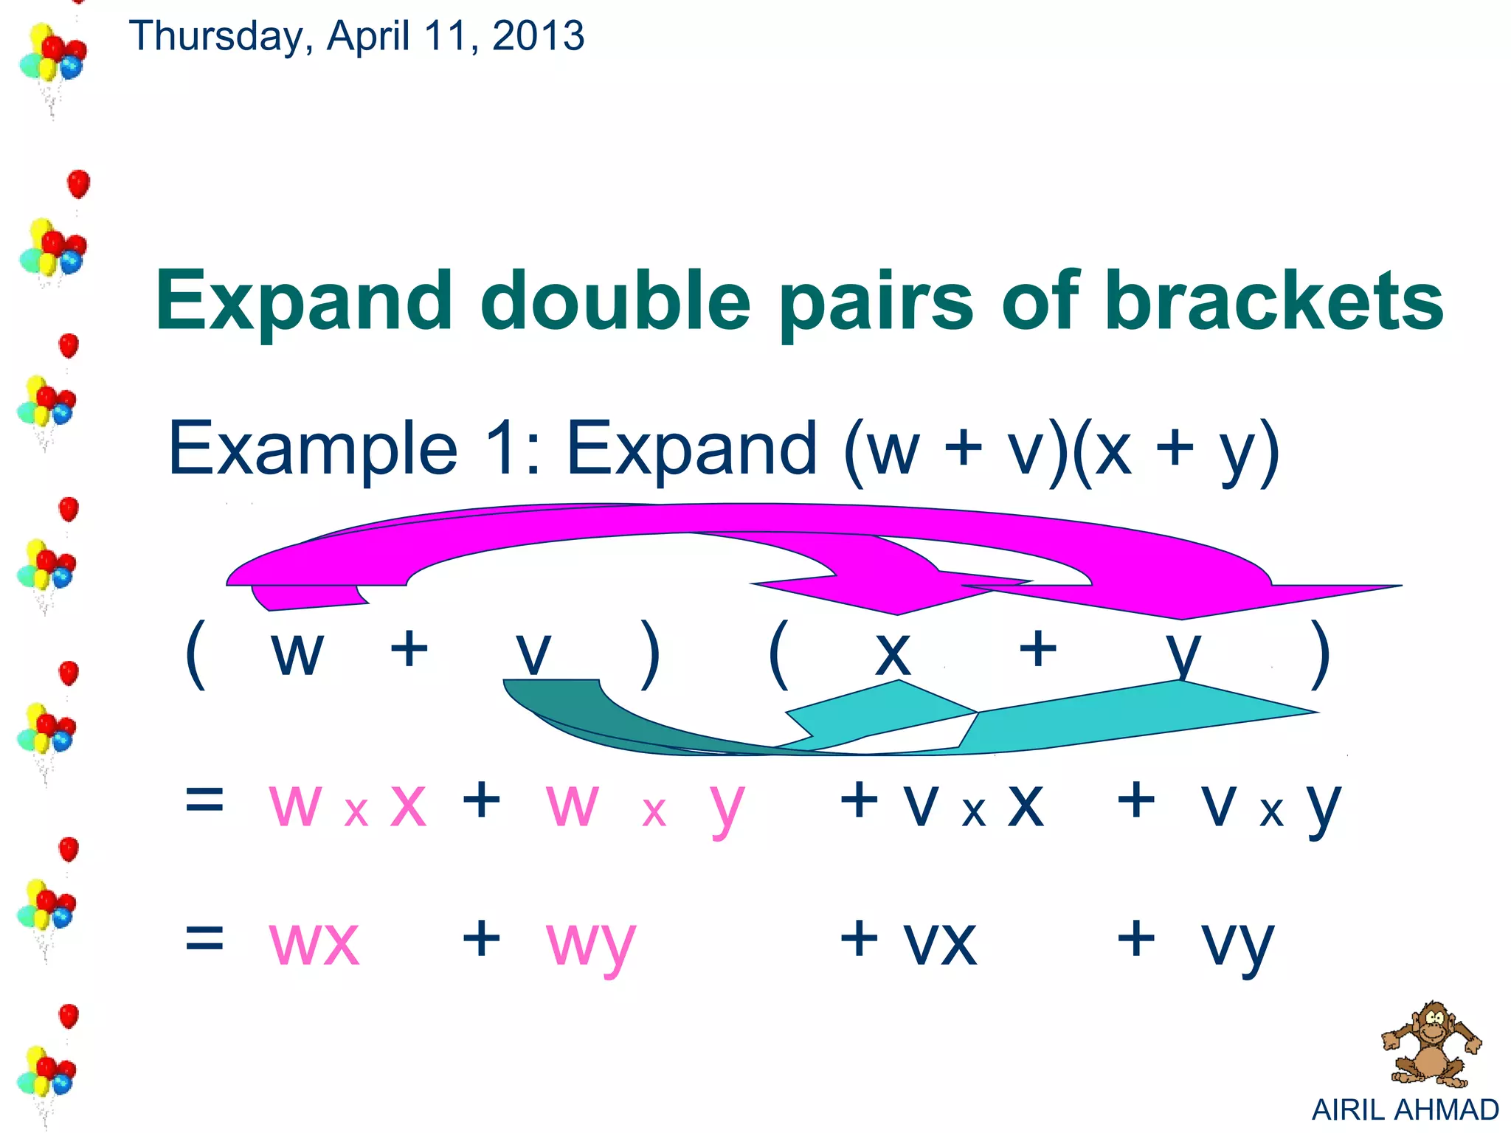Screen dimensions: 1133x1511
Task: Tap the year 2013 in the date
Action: [x=538, y=35]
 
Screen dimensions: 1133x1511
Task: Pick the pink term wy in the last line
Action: [x=590, y=944]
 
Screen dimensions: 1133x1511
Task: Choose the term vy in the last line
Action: [x=1237, y=944]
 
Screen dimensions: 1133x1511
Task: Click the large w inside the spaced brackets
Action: [x=297, y=653]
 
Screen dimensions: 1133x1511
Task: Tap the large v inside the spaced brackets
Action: [x=533, y=653]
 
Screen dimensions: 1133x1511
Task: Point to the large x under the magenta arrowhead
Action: [x=893, y=653]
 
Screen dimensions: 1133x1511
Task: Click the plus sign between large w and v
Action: [x=409, y=649]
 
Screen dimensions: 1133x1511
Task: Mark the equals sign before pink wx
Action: [x=204, y=938]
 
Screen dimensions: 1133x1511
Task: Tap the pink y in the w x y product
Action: [x=727, y=807]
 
